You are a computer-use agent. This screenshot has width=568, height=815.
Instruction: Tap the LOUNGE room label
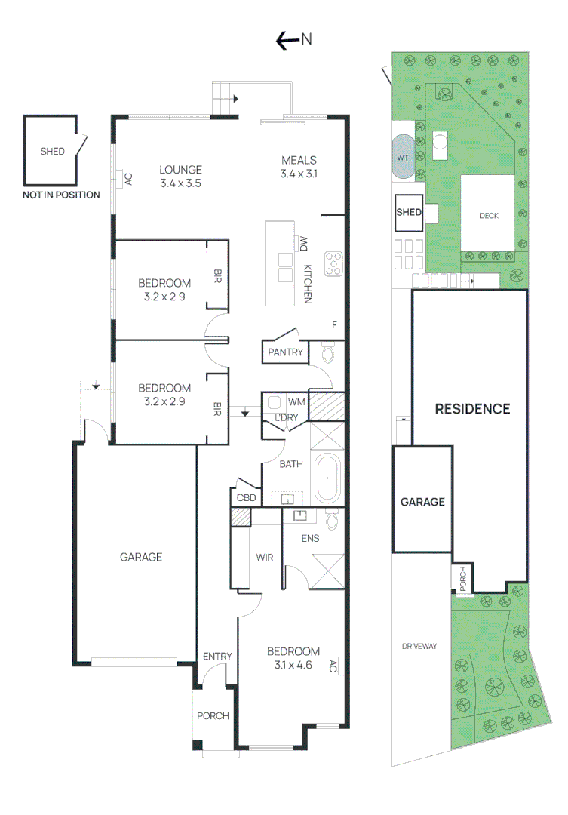pyautogui.click(x=180, y=169)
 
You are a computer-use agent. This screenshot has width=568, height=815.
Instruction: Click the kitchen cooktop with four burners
pyautogui.click(x=333, y=263)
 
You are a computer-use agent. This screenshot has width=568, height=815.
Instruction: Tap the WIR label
pyautogui.click(x=264, y=558)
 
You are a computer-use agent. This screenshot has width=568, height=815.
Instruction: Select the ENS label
pyautogui.click(x=311, y=538)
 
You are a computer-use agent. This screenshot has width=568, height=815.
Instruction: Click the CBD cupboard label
pyautogui.click(x=247, y=498)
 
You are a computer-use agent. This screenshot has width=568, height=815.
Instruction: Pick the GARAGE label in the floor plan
pyautogui.click(x=141, y=557)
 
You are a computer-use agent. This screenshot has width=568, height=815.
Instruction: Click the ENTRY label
pyautogui.click(x=217, y=657)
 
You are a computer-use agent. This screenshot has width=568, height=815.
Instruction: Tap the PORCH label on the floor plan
pyautogui.click(x=213, y=715)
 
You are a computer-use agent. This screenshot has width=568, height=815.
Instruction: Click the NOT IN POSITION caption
pyautogui.click(x=61, y=195)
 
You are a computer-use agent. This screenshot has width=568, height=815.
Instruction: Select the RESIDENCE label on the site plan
pyautogui.click(x=472, y=409)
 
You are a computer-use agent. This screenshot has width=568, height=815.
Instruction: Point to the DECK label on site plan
pyautogui.click(x=489, y=216)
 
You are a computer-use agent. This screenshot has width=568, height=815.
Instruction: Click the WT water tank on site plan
pyautogui.click(x=402, y=157)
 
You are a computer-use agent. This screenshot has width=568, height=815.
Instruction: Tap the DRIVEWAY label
pyautogui.click(x=419, y=646)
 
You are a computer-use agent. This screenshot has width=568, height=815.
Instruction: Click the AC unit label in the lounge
pyautogui.click(x=128, y=180)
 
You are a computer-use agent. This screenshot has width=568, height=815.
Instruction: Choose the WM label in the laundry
pyautogui.click(x=296, y=401)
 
